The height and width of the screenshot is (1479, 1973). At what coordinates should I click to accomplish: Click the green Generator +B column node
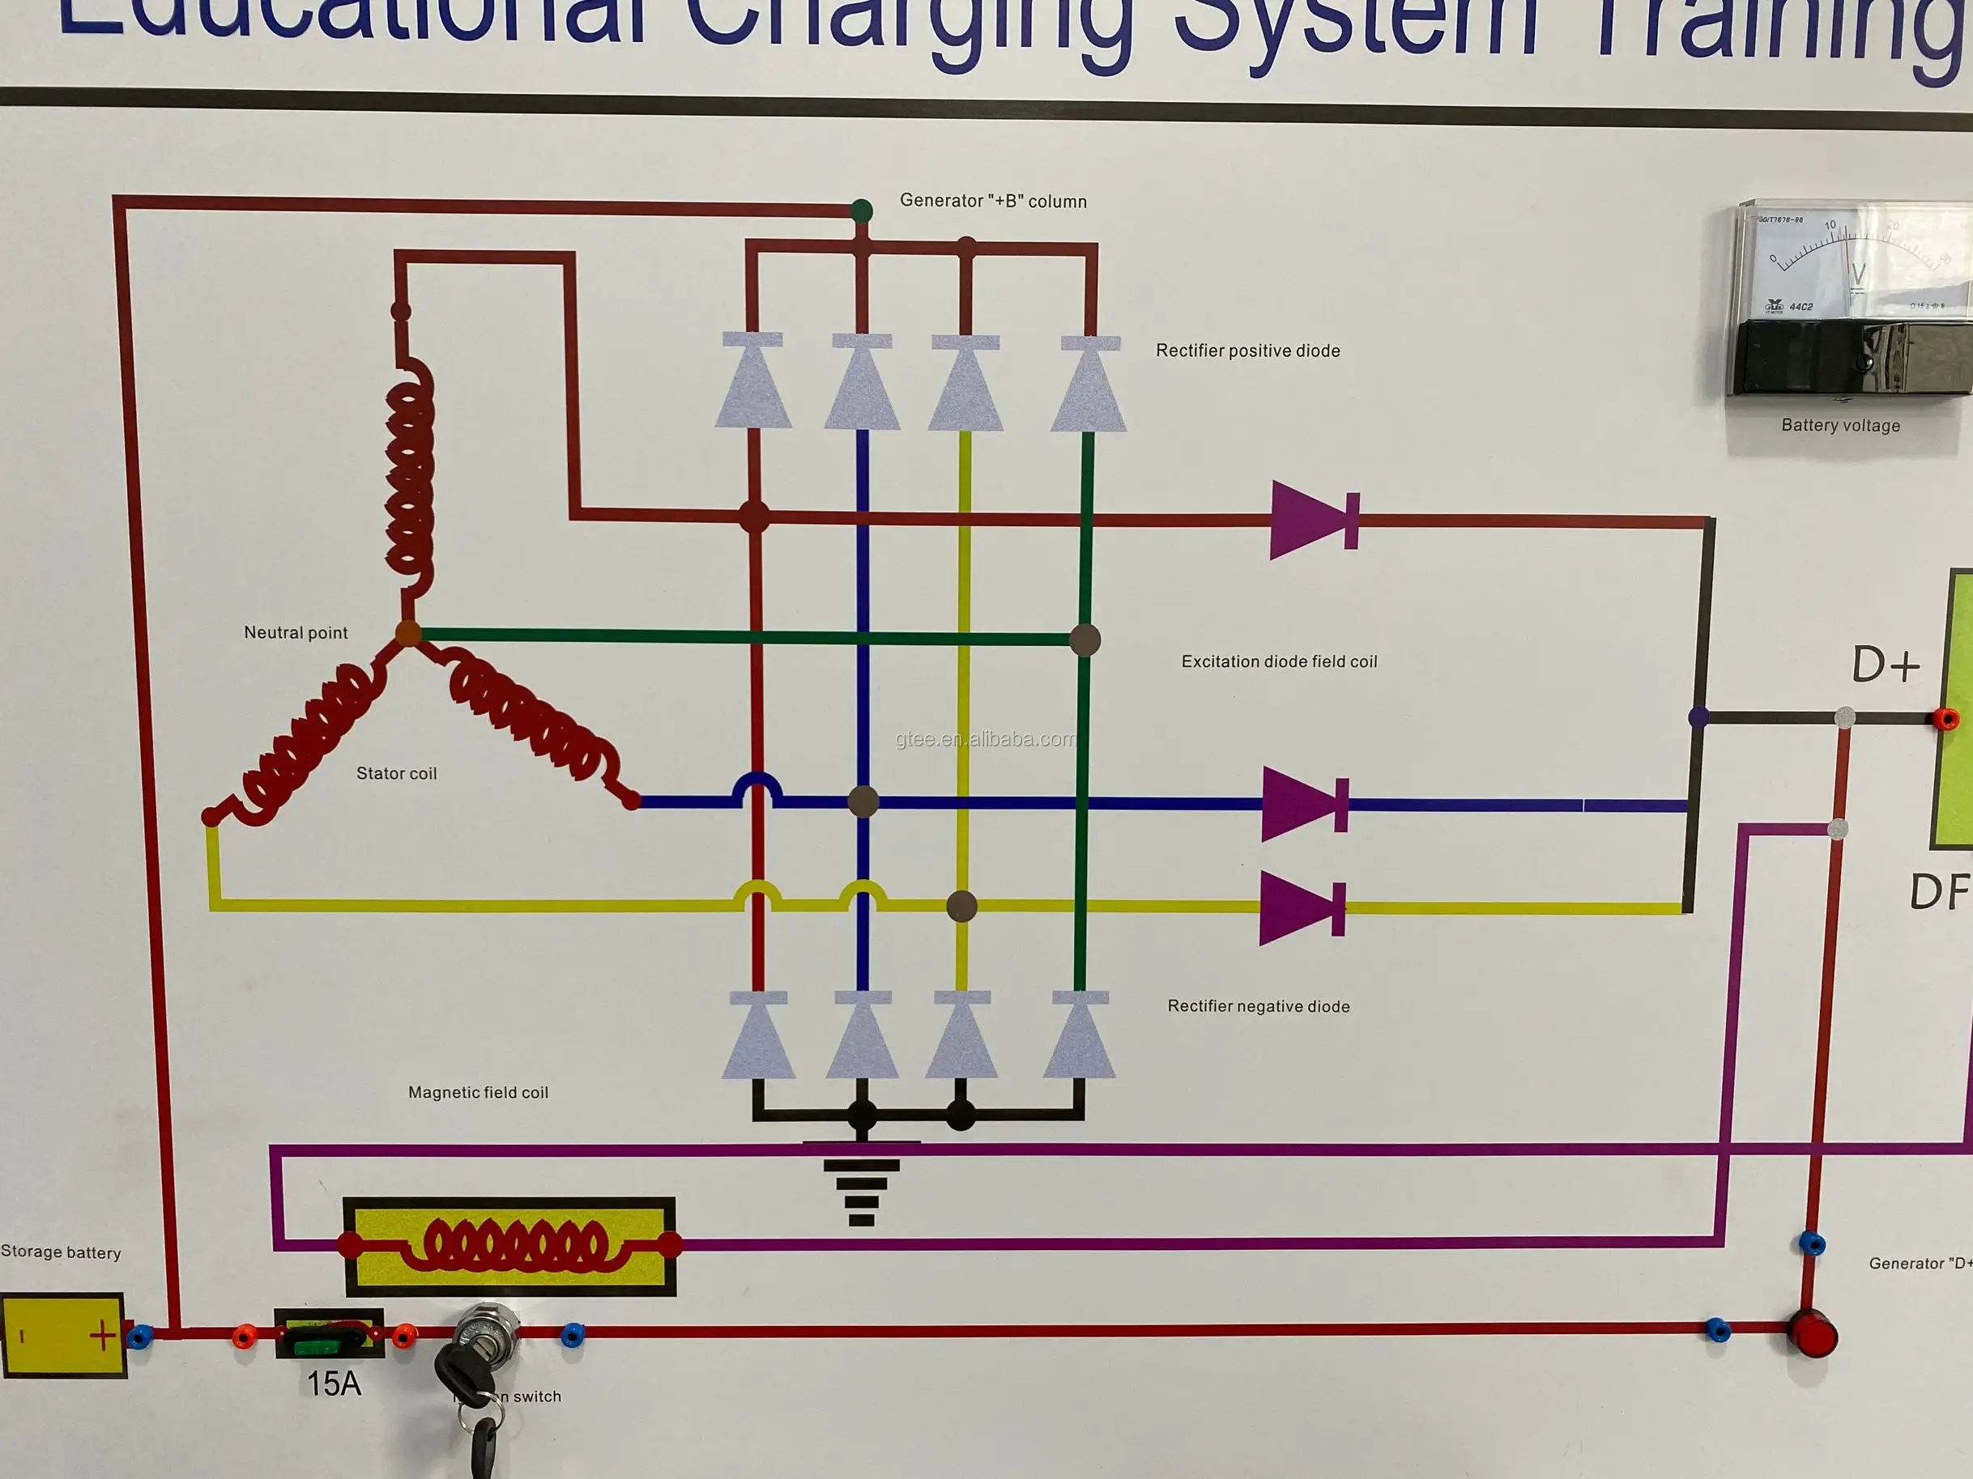click(861, 211)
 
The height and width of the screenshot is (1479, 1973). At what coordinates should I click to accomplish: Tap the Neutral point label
click(296, 633)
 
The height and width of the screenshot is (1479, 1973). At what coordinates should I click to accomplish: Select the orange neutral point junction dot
click(407, 634)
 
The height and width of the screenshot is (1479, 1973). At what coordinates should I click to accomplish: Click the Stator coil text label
click(396, 774)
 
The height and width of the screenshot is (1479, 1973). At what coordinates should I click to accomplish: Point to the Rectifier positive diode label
click(1247, 351)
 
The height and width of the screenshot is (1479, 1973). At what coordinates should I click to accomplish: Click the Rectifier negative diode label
click(1258, 1006)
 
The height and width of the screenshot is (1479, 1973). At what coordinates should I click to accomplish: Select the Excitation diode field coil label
click(1278, 661)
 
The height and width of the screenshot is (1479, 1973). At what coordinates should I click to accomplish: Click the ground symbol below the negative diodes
click(861, 1186)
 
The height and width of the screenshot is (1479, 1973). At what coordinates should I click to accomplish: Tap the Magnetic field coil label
click(478, 1093)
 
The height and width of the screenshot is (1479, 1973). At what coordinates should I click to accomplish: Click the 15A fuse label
click(334, 1383)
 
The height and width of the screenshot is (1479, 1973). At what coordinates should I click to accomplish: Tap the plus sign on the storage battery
click(103, 1336)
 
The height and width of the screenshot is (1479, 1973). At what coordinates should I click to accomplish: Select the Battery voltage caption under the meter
click(1840, 426)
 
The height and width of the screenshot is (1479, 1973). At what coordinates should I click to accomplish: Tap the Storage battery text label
click(61, 1252)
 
